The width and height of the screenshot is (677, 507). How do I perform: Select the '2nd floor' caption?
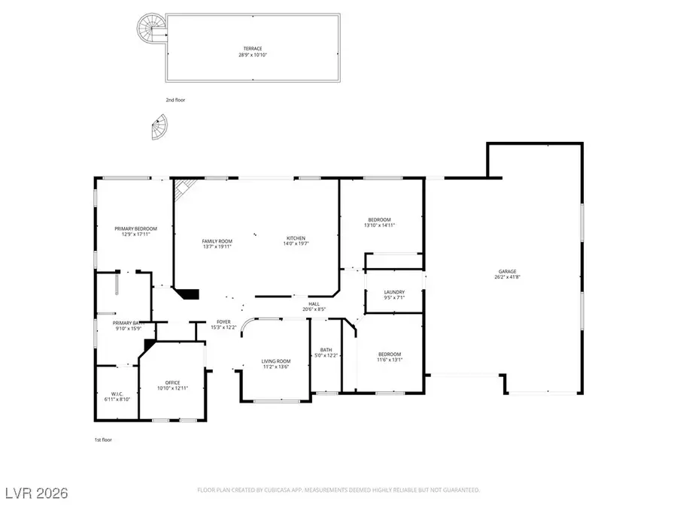point(175,99)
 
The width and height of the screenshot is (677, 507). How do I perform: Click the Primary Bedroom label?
point(135,231)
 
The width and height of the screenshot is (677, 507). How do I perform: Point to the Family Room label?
point(216,243)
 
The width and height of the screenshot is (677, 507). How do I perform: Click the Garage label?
point(507,274)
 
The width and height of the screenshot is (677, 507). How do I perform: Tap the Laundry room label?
point(394,294)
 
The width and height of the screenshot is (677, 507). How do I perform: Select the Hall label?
point(314,306)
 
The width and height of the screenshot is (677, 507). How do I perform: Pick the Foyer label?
point(223,324)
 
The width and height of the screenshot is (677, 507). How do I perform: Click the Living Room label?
point(275,364)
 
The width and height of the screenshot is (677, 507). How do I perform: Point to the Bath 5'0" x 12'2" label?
point(326,352)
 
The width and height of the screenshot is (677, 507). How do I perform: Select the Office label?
point(172,385)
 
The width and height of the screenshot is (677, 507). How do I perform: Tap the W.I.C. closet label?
point(116,397)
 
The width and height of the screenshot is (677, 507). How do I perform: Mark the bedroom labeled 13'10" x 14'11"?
point(379,222)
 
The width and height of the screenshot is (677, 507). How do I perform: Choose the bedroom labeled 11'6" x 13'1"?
point(389,357)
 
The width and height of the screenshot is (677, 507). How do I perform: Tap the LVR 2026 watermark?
point(36,493)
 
